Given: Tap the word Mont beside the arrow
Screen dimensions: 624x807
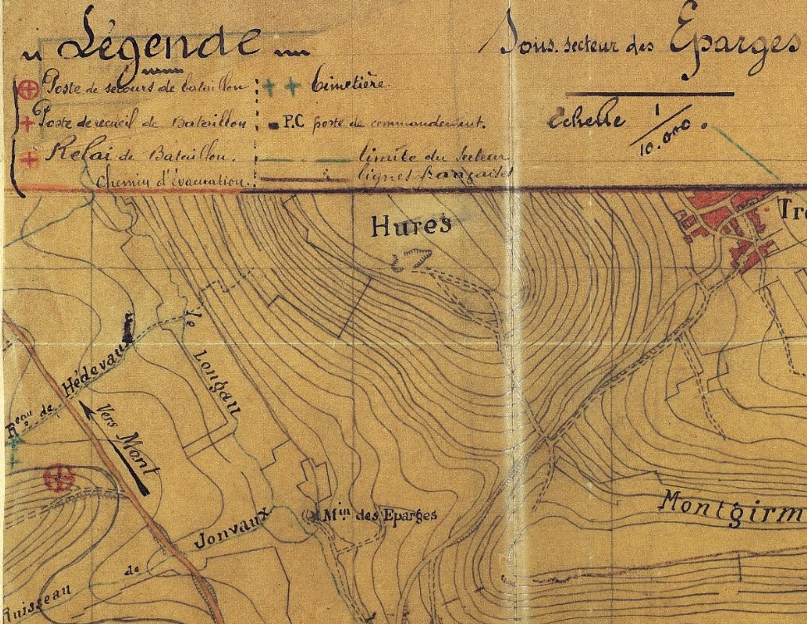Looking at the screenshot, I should (x=136, y=453).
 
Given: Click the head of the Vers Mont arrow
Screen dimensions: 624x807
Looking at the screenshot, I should (x=86, y=404).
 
